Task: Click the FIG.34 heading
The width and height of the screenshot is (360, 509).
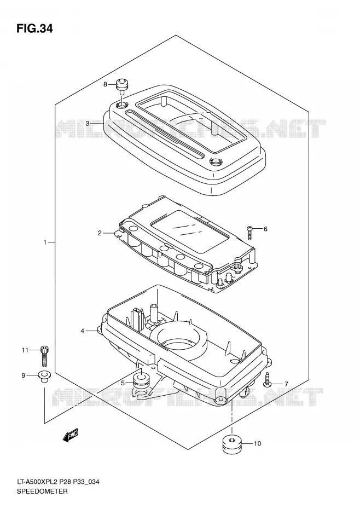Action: coord(34,29)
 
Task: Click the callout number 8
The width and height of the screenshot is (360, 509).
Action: coord(105,84)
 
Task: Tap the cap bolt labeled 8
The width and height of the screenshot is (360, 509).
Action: coord(121,85)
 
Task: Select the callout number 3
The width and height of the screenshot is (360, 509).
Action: coord(88,123)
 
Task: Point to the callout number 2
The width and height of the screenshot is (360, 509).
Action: coord(100,233)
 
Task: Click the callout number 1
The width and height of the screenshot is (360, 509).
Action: coord(45,242)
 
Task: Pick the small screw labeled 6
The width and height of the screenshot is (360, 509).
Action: coord(249,232)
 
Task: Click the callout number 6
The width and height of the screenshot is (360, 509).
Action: coord(265,229)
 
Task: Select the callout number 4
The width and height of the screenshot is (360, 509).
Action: coord(83,331)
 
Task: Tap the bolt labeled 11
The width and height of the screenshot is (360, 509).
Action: coord(44,356)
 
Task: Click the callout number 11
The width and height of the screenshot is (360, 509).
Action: coord(25,350)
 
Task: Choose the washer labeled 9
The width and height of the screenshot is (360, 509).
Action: coord(43,376)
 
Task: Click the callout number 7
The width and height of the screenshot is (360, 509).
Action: coord(286,384)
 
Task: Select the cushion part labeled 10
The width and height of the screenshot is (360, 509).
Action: coord(232,443)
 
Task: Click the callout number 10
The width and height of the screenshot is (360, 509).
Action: coord(257,443)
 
